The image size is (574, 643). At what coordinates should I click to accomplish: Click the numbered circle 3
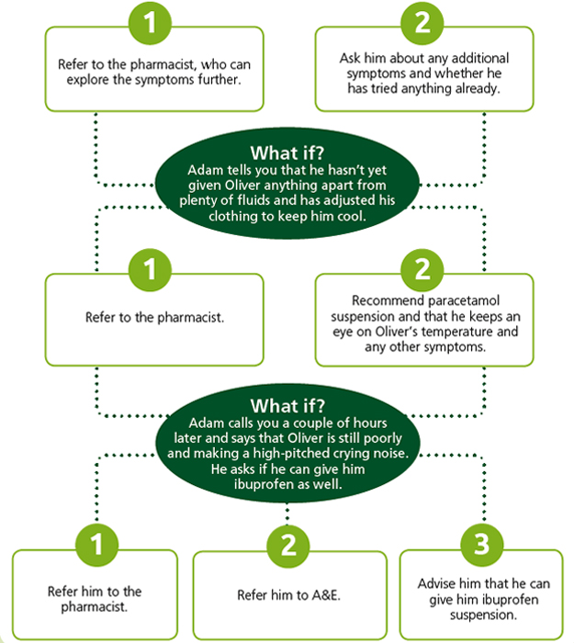pyautogui.click(x=482, y=545)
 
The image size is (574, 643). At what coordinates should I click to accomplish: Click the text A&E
pyautogui.click(x=326, y=595)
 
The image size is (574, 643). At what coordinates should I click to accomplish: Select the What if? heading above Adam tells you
pyautogui.click(x=287, y=153)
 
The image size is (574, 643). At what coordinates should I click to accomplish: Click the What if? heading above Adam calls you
pyautogui.click(x=287, y=406)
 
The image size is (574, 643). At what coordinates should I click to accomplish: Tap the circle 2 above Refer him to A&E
pyautogui.click(x=288, y=546)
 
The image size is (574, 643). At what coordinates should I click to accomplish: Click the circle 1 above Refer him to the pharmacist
pyautogui.click(x=96, y=545)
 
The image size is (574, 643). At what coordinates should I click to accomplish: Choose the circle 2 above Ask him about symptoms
pyautogui.click(x=422, y=23)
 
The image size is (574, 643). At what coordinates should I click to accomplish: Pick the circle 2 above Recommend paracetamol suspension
pyautogui.click(x=422, y=270)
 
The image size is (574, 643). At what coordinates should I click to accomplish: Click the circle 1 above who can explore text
pyautogui.click(x=150, y=23)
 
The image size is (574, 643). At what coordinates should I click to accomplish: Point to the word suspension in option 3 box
pyautogui.click(x=483, y=615)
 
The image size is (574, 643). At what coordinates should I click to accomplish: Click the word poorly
pyautogui.click(x=383, y=438)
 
